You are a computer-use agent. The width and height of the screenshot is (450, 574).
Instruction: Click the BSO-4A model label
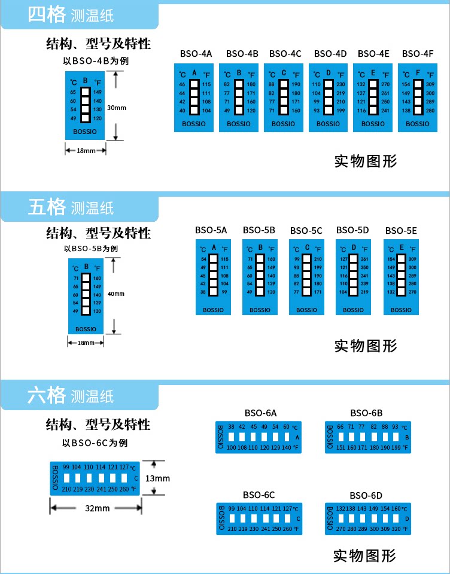click(x=196, y=54)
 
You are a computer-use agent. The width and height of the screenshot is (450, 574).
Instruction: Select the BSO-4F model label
click(x=418, y=54)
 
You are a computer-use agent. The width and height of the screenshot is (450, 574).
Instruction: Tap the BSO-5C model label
click(x=306, y=231)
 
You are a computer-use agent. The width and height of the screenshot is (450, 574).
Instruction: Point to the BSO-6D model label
click(x=366, y=495)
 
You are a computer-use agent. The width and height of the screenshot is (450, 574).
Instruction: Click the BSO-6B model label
click(x=366, y=413)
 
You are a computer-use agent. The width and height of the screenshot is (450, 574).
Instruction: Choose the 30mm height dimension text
click(x=116, y=108)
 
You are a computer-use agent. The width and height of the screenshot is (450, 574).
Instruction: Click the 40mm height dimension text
click(x=116, y=294)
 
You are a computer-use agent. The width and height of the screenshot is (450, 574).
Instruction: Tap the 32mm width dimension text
click(x=97, y=508)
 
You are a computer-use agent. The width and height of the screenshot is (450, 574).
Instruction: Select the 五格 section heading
click(x=46, y=207)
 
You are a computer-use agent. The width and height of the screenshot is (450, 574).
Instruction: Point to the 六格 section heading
click(x=46, y=395)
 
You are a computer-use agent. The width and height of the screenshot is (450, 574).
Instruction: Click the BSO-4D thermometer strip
click(x=328, y=97)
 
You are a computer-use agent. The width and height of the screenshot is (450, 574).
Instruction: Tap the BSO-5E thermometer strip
click(x=401, y=277)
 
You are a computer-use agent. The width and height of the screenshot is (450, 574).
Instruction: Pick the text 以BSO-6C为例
click(x=95, y=443)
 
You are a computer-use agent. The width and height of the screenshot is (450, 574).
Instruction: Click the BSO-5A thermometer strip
click(x=214, y=277)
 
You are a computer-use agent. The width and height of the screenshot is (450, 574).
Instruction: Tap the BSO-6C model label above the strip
click(x=259, y=495)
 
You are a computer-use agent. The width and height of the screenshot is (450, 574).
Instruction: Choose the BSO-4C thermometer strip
click(x=284, y=97)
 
